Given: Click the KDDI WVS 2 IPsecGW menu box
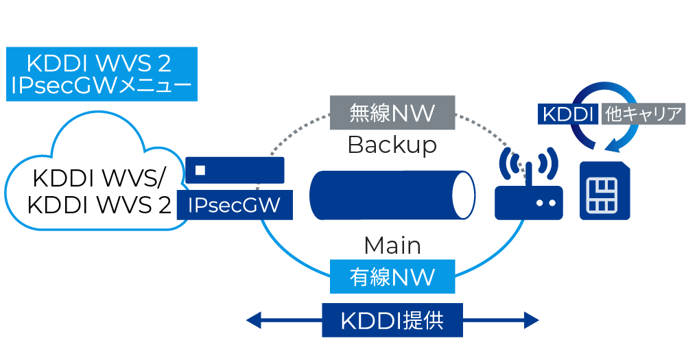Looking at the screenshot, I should point(102,74).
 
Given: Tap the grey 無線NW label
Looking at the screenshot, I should point(392,112).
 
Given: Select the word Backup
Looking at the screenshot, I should point(392,145).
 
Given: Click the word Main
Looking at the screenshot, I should point(392,245).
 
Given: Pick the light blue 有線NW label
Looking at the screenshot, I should point(392,276).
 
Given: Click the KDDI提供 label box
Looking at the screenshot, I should point(392,320).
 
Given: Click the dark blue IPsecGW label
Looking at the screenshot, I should point(235,206).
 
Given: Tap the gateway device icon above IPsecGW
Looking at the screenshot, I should point(235,170).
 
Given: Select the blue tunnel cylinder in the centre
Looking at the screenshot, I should point(384,195).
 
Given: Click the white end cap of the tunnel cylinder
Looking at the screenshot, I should point(465,195).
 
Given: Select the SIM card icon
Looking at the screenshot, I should point(604,191).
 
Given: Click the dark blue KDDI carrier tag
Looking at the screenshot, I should point(568,114).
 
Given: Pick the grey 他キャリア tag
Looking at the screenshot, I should point(643,114).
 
